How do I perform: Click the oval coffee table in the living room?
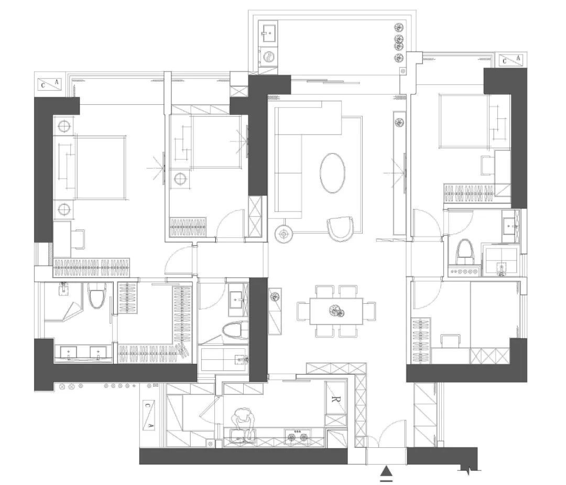[332, 173]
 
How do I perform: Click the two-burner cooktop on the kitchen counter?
[298, 437]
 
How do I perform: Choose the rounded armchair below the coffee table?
[340, 229]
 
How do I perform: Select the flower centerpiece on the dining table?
[337, 311]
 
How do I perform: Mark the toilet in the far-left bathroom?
[97, 295]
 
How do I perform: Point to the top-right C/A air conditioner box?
[512, 60]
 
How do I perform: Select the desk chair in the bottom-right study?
[451, 341]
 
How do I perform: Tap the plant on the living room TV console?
[399, 122]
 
